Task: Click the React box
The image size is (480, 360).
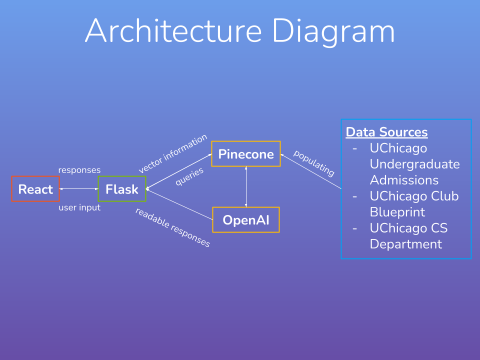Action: (35, 189)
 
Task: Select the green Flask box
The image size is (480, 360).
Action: (122, 189)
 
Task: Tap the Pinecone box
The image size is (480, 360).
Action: (245, 154)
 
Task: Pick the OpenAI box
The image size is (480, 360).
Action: (245, 220)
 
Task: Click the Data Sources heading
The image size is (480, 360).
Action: (386, 132)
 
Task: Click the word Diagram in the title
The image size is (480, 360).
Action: (333, 31)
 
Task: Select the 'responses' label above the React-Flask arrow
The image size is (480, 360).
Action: (79, 170)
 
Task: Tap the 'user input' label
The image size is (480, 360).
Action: (79, 207)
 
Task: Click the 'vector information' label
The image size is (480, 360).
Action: (172, 154)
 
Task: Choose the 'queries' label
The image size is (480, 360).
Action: (189, 176)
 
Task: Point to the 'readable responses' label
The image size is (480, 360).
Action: (172, 227)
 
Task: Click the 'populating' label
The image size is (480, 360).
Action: (313, 163)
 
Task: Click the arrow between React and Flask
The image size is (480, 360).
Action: (79, 189)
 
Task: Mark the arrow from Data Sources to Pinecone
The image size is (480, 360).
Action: (310, 171)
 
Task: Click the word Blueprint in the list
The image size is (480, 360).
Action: (397, 212)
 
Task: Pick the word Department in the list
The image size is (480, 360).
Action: (406, 244)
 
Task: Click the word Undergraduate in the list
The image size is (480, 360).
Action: (414, 164)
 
